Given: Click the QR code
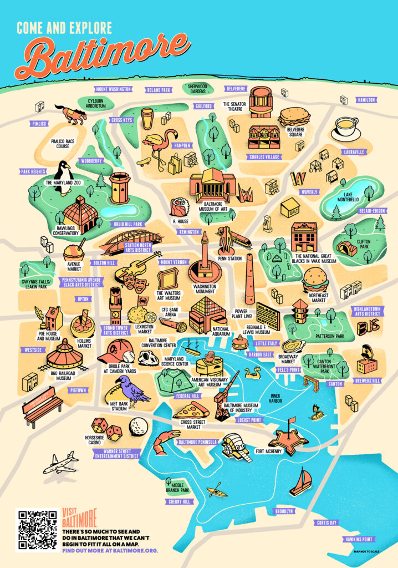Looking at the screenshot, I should (37, 530).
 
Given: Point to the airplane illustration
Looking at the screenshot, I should (60, 462).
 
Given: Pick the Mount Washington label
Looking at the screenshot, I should (113, 89).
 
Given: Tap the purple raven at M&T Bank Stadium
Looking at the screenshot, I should (132, 388).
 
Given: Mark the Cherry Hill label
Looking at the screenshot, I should (179, 501).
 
